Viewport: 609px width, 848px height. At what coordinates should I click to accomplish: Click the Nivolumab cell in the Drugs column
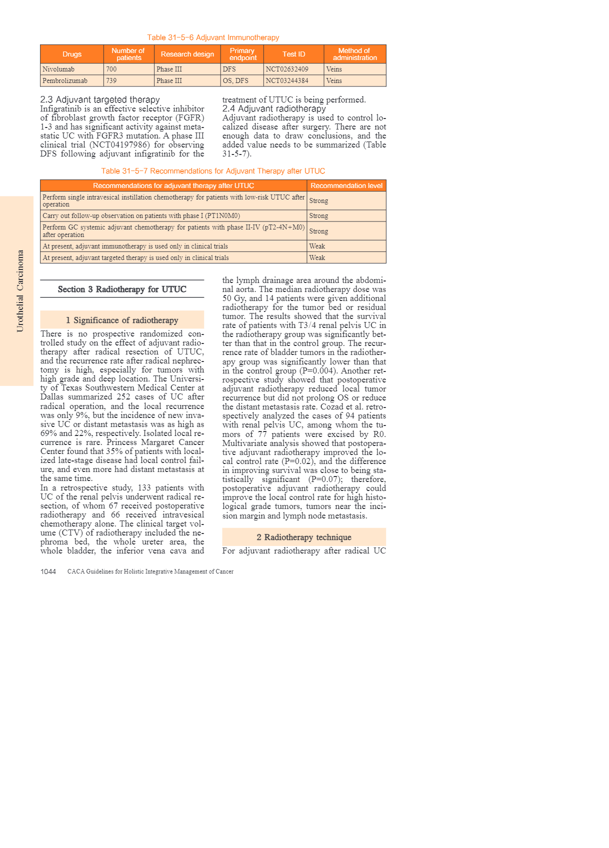tap(58, 69)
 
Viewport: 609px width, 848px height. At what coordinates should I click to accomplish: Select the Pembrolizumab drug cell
tap(65, 81)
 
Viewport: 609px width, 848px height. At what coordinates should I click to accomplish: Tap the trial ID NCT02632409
tap(287, 69)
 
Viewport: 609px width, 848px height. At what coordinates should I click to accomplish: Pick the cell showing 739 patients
tap(111, 81)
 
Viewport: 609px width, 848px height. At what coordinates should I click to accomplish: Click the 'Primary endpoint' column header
tap(242, 54)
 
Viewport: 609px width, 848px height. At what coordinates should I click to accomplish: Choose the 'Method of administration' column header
tap(354, 54)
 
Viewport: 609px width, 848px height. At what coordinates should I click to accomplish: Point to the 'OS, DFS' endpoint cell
tap(235, 81)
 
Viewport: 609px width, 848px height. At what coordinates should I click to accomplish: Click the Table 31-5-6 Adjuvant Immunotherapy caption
tap(213, 37)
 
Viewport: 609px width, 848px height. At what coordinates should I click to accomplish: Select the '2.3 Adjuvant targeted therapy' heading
tap(100, 99)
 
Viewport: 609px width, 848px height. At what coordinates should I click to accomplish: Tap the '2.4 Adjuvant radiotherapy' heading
tap(274, 108)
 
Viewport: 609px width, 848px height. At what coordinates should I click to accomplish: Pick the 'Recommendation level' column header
tap(346, 185)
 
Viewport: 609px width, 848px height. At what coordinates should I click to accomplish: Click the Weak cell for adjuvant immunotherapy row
tap(317, 246)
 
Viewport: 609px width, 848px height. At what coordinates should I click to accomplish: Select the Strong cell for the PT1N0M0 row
tap(318, 216)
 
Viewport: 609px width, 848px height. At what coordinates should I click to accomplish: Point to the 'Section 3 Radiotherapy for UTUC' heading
tap(122, 289)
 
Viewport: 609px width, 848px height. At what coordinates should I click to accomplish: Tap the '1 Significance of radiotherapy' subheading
tap(122, 320)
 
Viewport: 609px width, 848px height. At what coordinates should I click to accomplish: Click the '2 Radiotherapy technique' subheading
tap(304, 537)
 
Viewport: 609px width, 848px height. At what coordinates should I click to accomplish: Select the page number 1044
tap(48, 571)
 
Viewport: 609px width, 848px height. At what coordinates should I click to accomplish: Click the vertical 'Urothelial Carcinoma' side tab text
tap(20, 291)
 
